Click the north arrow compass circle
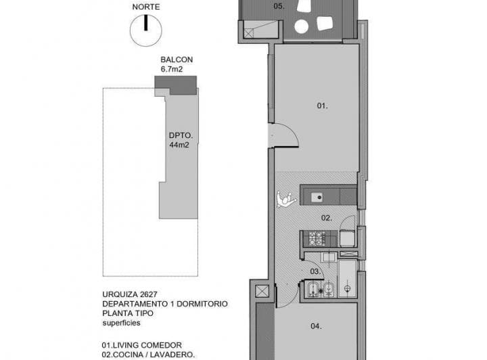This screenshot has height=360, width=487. (145, 30)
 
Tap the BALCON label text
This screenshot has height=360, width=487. (173, 60)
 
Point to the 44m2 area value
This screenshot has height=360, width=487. (178, 145)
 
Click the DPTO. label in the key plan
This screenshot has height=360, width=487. (179, 135)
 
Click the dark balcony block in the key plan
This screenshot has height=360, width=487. (176, 85)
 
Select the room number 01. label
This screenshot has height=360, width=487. (323, 106)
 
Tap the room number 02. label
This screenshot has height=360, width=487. (326, 218)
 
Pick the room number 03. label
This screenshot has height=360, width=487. (315, 271)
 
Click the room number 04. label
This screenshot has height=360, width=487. (316, 326)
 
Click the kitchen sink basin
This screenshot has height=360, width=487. (317, 198)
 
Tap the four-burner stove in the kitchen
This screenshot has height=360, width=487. (315, 238)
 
